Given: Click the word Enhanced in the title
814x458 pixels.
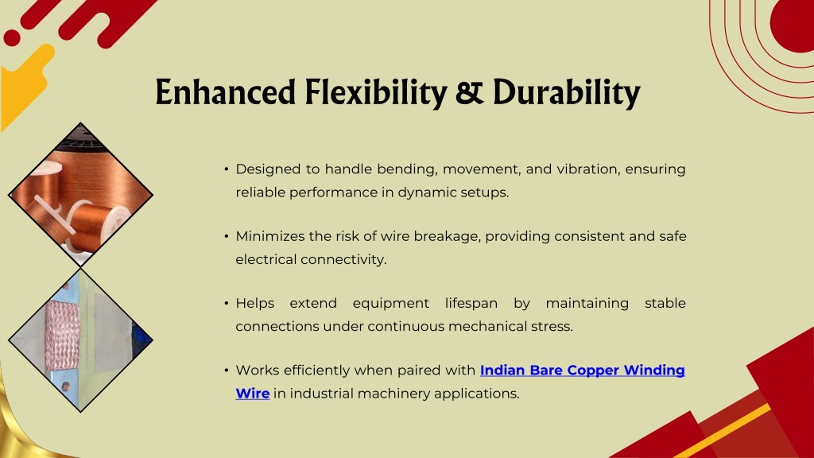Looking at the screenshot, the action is [x=225, y=92].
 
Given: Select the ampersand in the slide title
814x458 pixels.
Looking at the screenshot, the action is [x=470, y=92].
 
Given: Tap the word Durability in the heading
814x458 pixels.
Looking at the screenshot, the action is [x=566, y=94].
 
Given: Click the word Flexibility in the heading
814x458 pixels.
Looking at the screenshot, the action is [x=376, y=94].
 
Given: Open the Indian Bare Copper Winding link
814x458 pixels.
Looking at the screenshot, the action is [x=583, y=371].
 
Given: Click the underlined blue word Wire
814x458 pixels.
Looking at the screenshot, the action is [x=252, y=394].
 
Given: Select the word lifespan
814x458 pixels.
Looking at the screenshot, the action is [x=471, y=304].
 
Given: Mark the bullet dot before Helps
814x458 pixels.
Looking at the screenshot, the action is [x=227, y=303].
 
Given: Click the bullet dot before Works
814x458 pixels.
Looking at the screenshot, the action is [x=227, y=370].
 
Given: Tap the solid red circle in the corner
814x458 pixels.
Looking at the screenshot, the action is [x=793, y=23].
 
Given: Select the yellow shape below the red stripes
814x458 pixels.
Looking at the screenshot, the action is [x=23, y=83].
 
